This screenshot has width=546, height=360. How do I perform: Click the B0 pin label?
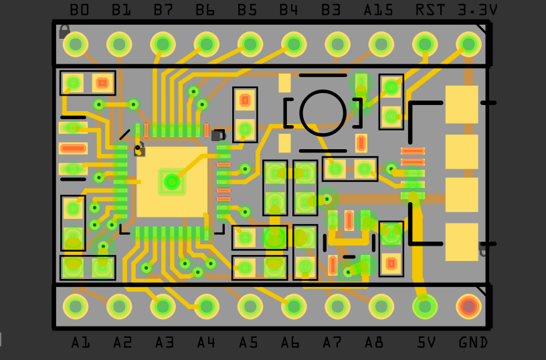80,10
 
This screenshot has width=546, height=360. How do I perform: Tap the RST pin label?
430,10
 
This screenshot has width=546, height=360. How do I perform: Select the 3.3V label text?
477,10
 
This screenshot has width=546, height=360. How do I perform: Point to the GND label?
473,343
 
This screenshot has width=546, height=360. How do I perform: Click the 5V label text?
426,343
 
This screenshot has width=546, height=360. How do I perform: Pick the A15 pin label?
378,10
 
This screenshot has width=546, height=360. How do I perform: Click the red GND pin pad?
468,306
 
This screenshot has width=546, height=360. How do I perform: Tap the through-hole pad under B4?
294,44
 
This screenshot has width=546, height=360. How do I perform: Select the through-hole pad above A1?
76,306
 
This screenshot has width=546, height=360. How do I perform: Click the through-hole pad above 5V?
425,306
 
